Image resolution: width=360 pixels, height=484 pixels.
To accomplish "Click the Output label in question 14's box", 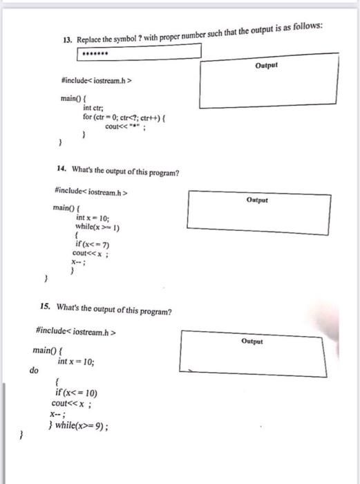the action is point(256,198).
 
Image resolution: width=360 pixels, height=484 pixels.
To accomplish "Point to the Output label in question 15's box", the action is point(252,342).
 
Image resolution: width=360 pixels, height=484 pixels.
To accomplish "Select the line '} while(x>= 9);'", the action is point(82,425).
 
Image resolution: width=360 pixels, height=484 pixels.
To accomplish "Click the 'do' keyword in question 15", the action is point(32,371).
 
